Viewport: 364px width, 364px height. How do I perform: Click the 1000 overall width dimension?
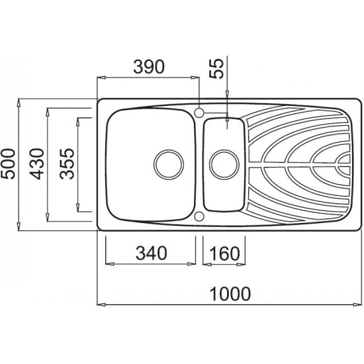pyautogui.click(x=230, y=294)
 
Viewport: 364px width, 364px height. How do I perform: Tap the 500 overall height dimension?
pyautogui.click(x=8, y=164)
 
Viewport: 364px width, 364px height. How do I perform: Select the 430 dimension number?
pyautogui.click(x=36, y=164)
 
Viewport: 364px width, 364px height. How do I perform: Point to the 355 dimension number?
pyautogui.click(x=67, y=164)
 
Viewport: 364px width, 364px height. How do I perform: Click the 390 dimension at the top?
pyautogui.click(x=149, y=67)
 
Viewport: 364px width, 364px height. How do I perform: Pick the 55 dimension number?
pyautogui.click(x=216, y=69)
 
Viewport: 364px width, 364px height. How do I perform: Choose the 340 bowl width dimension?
pyautogui.click(x=152, y=253)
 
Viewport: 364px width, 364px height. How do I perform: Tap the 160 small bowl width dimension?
pyautogui.click(x=224, y=253)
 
